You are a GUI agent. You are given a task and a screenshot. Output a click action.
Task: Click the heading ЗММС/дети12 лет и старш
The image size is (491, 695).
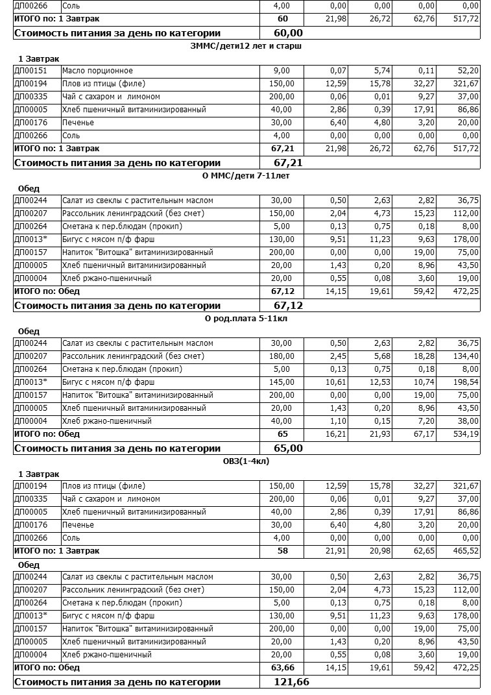(246, 45)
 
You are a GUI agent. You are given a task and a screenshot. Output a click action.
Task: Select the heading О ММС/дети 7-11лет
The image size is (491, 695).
(246, 175)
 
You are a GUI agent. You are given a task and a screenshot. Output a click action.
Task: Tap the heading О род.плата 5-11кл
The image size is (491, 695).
(246, 318)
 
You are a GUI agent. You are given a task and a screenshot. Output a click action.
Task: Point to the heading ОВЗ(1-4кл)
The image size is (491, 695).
(246, 461)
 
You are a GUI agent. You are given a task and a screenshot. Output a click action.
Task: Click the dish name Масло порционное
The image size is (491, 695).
(97, 71)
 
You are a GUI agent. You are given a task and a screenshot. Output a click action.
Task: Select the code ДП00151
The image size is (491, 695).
(30, 71)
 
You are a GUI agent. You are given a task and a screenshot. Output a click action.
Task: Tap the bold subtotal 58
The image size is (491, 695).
(282, 551)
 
